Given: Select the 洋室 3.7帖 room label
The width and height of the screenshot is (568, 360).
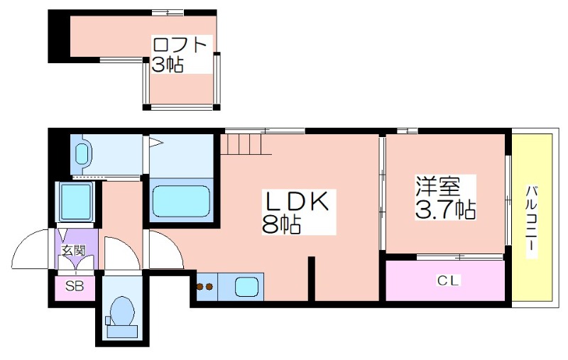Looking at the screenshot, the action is coord(445,197).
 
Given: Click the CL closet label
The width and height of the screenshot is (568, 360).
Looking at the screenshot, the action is coord(448,280).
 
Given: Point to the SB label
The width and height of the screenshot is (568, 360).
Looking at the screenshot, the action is coord(75,286).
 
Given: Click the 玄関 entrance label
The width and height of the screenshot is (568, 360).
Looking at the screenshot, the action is coord(74,251).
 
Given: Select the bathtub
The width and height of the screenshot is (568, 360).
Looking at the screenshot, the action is coord(181,201).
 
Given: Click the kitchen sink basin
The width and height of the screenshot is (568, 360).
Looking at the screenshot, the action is coord(246,287).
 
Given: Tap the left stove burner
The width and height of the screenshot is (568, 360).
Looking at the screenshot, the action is coord(200,287).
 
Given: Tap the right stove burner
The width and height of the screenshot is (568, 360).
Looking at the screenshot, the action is coord(209,287).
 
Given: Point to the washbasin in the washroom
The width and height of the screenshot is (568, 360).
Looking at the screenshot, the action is coord(83,154).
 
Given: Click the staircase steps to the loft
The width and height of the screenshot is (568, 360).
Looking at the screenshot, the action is coord(245,143).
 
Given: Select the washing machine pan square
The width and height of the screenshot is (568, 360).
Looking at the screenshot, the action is coord(75,202).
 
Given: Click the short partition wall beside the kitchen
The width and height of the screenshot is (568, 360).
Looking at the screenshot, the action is coord(311,279).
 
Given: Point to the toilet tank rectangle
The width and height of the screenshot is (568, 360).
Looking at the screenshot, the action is coord(123,331).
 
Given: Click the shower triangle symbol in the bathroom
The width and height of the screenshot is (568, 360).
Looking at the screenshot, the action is coord(156,141).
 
